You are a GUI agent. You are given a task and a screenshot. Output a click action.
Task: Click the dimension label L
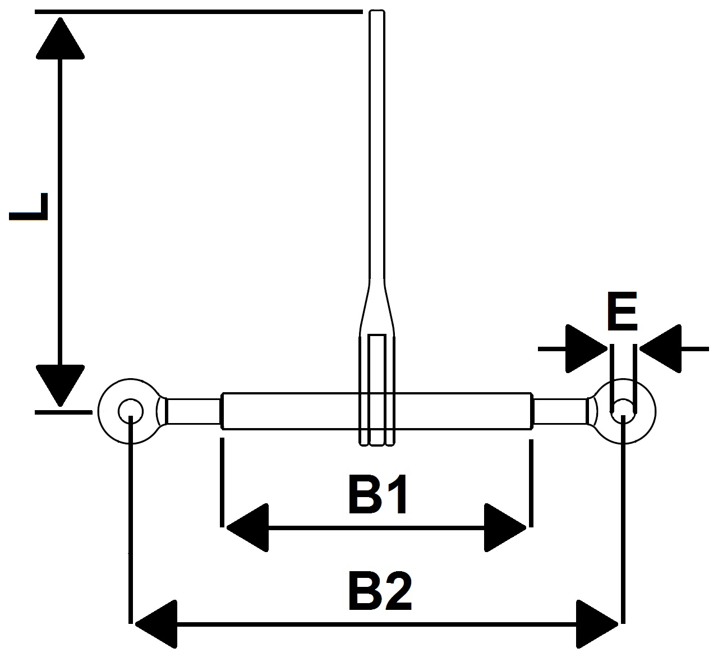28,206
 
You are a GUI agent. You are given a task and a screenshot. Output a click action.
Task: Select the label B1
378,494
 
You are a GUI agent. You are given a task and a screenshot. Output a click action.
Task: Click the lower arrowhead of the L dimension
60,385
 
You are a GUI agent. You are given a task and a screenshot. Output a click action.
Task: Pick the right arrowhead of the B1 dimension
505,528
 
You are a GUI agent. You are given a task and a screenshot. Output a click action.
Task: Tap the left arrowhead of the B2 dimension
156,624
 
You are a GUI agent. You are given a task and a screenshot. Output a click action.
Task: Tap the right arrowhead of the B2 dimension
597,624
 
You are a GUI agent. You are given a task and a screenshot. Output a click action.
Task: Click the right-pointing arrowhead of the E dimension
586,349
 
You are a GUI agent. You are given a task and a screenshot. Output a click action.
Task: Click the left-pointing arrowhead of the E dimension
660,349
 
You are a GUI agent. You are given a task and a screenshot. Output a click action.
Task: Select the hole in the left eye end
131,411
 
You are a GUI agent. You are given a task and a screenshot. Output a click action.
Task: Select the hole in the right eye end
623,411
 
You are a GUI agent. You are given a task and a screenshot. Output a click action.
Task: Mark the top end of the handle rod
378,11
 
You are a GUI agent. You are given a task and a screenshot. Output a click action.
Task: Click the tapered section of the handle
378,307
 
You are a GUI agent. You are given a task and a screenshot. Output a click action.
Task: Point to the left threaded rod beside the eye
194,411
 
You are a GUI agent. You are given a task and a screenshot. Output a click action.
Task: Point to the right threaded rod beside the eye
560,411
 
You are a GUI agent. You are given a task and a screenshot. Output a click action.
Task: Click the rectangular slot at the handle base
378,389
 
